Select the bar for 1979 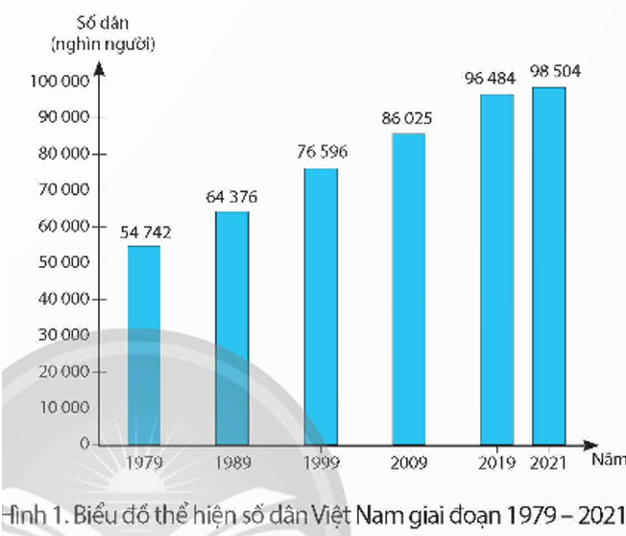click(x=144, y=346)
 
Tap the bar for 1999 click(x=321, y=307)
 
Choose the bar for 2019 click(x=497, y=270)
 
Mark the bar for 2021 click(x=549, y=266)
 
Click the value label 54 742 click(x=145, y=231)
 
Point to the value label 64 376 click(x=231, y=198)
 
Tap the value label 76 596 click(x=321, y=153)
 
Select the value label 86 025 click(x=408, y=119)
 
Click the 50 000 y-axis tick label click(x=61, y=262)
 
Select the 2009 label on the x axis click(x=410, y=462)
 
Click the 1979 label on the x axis click(x=145, y=462)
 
